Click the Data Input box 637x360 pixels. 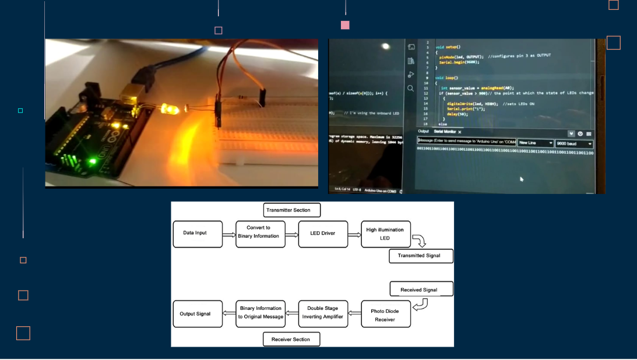tap(198, 234)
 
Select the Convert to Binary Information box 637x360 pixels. tap(261, 234)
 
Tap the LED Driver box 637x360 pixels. tap(323, 234)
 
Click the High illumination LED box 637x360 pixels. tap(386, 234)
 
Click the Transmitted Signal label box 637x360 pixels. tap(421, 255)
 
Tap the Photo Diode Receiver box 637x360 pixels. tap(386, 315)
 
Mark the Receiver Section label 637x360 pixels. tap(291, 339)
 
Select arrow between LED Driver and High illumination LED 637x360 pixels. tap(354, 234)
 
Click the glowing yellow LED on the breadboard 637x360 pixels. tap(170, 110)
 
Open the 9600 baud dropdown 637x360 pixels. tap(574, 143)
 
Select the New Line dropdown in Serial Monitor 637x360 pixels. tap(536, 143)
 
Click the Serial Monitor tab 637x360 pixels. tap(446, 132)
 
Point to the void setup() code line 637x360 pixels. tap(448, 46)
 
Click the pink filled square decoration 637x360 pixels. tap(345, 25)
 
